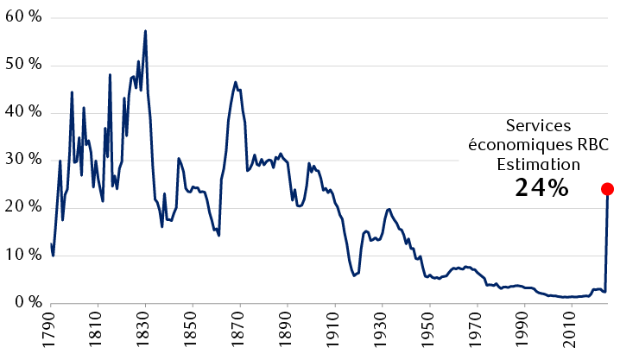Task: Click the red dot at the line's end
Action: [x=607, y=189]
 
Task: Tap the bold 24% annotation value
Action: [x=541, y=186]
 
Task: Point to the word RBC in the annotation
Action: [x=584, y=144]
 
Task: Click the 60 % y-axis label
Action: [x=23, y=18]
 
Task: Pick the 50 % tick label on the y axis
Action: [x=23, y=66]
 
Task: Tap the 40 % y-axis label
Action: [x=23, y=113]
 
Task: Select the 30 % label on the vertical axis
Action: [x=23, y=161]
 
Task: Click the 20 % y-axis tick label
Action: [x=23, y=208]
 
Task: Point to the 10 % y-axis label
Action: [x=23, y=256]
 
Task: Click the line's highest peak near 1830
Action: [x=145, y=31]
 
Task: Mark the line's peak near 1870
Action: [x=235, y=82]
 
